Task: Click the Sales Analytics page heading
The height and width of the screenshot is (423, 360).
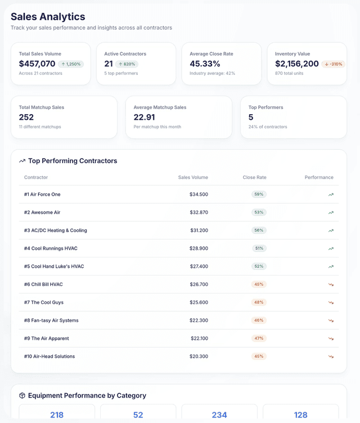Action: (48, 17)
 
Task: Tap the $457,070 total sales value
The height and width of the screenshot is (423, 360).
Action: (37, 64)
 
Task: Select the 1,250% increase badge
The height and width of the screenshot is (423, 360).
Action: (71, 64)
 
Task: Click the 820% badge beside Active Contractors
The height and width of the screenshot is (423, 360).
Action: (127, 64)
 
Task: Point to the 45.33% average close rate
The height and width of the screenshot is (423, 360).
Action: (205, 64)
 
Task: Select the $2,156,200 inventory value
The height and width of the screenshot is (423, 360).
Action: (297, 64)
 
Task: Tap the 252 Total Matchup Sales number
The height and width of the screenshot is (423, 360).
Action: (26, 117)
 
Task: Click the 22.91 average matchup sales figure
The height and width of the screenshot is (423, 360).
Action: (144, 117)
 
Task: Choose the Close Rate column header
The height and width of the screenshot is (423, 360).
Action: (254, 177)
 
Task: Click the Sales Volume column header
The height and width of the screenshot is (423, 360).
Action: (193, 177)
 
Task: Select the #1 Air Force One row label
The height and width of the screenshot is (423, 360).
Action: (42, 195)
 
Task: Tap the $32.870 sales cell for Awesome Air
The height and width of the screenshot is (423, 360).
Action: (199, 213)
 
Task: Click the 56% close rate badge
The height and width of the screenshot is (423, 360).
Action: (259, 231)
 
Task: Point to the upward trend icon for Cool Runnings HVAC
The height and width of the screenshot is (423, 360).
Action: (331, 249)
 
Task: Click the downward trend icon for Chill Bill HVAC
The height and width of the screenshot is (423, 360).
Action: (331, 285)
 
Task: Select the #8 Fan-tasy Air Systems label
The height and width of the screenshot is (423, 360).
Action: (51, 321)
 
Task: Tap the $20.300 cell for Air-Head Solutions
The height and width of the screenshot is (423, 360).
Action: (199, 357)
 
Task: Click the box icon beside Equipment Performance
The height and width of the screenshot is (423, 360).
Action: (22, 395)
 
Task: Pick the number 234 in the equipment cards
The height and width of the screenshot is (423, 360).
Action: (219, 415)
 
